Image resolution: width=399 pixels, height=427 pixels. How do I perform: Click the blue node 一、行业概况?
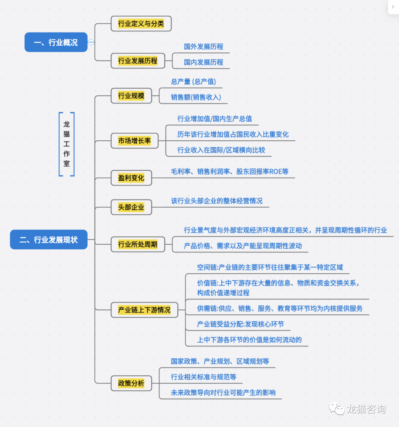coord(56,42)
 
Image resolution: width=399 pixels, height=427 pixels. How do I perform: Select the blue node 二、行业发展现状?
coord(49,240)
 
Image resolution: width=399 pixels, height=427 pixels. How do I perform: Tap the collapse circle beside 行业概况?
coord(91,42)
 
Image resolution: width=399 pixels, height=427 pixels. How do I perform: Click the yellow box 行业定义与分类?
coord(141,24)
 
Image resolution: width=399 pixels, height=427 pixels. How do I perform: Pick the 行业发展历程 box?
coord(138,61)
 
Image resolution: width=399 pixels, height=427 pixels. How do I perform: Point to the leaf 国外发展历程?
coord(204,47)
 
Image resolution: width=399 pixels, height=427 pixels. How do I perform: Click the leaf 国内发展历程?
coord(204,62)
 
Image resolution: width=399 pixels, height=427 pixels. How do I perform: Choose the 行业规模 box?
coord(131,96)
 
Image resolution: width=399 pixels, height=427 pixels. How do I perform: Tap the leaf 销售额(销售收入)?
coord(196,97)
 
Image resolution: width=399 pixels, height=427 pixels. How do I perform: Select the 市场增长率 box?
coord(134,141)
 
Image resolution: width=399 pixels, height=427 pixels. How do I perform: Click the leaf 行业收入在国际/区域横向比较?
coord(221,150)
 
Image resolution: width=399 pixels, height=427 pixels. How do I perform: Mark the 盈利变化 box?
coord(131,178)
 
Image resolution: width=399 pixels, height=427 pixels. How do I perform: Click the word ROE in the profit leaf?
coord(275,171)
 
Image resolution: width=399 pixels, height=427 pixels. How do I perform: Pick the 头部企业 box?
coord(131,207)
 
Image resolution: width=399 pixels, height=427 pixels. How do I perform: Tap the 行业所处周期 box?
coord(138,244)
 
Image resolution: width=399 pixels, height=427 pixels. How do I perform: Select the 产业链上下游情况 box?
coord(144,310)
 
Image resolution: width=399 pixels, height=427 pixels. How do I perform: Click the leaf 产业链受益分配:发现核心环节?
coord(240,324)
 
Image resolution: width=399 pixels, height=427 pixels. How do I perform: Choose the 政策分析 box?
coord(131,383)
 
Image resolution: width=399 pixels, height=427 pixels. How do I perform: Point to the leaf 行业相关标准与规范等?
coord(204,377)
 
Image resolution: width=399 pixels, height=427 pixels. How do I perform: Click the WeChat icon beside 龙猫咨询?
coord(337,409)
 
